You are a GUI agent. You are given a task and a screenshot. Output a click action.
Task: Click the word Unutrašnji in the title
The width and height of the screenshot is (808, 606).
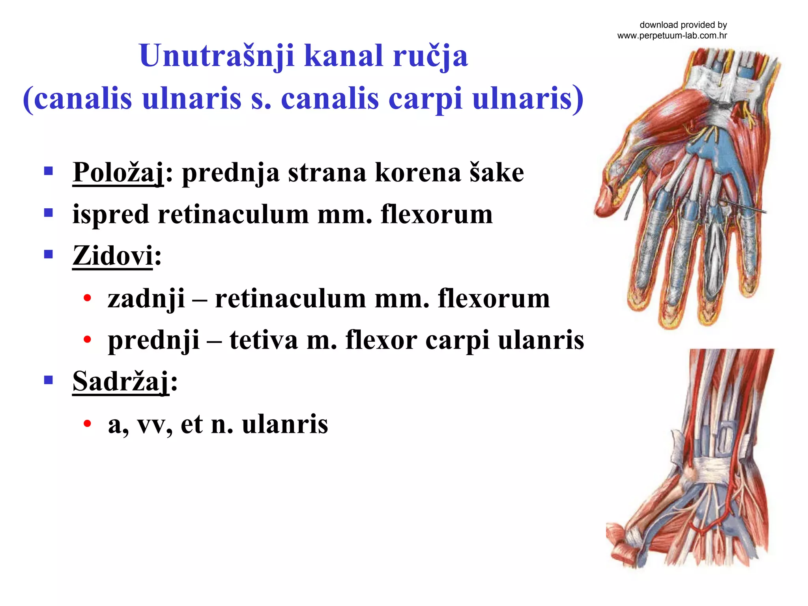coord(217,56)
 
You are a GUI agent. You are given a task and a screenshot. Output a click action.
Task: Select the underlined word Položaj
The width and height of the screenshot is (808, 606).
coord(118,173)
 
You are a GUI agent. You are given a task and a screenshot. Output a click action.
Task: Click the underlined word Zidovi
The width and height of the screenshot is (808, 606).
coord(112,256)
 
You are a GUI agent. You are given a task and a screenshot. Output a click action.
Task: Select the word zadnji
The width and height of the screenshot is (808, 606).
coord(146,299)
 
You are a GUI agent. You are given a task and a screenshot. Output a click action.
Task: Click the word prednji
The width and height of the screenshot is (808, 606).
coord(153,340)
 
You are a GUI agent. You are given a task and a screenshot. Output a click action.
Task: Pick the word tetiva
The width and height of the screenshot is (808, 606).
coord(264,340)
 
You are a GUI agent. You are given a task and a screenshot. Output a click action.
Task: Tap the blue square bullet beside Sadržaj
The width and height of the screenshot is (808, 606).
coord(49,380)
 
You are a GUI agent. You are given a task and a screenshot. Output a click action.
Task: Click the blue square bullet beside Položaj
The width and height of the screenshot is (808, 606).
coord(49,171)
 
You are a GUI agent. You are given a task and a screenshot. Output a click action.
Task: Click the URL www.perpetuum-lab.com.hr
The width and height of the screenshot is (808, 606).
coord(672,36)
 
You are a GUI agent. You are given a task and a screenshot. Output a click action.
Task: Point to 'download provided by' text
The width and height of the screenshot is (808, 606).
coord(683,25)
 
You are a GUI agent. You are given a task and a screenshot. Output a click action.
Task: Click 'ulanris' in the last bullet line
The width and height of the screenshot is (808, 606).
coord(285,425)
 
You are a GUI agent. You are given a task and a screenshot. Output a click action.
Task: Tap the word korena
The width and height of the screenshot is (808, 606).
coord(417,173)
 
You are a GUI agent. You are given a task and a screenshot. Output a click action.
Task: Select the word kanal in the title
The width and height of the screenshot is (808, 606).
coord(344,56)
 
